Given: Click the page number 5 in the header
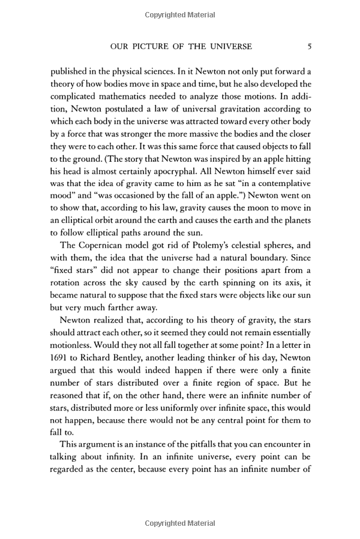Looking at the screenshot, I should tap(308, 46).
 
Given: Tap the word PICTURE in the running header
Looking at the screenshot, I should tap(148, 46).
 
